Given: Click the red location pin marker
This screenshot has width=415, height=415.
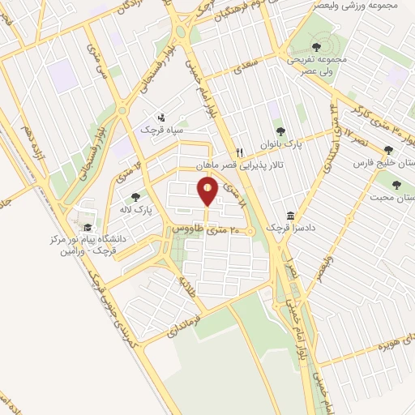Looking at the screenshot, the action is (x=207, y=192).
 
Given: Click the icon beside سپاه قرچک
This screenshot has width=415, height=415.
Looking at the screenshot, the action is (x=161, y=116).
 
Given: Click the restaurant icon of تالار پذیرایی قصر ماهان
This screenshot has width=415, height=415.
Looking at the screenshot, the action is (x=239, y=152).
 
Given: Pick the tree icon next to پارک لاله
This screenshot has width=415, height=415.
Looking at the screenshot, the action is (x=135, y=195).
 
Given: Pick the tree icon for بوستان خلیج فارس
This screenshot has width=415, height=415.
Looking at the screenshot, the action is (x=388, y=149).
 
